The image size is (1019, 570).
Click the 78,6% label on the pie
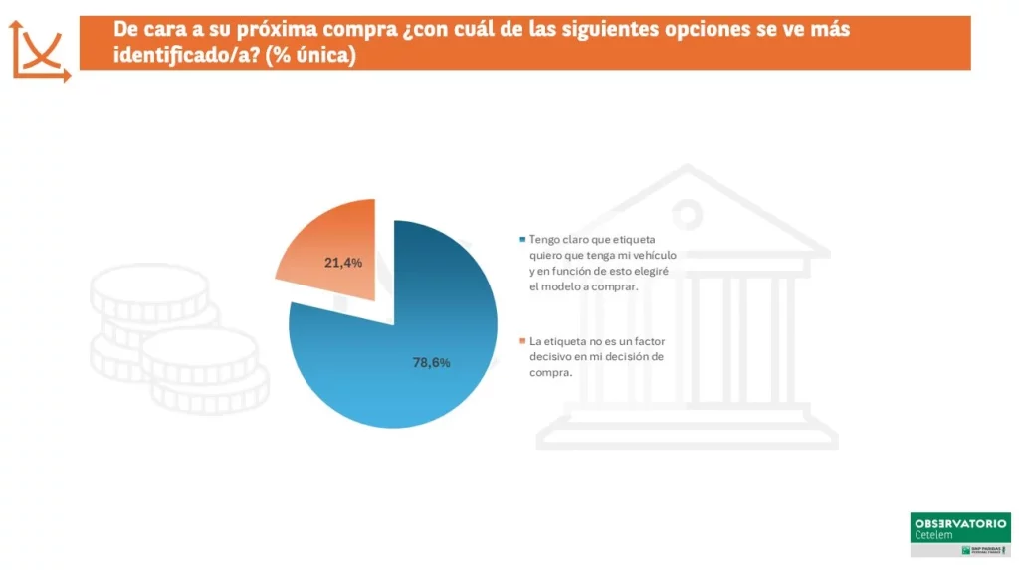point(431,363)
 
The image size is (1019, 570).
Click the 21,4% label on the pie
point(343,263)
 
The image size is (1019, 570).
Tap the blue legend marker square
point(522,240)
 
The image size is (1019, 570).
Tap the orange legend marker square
point(522,341)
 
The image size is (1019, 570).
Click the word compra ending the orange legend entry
point(549,373)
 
